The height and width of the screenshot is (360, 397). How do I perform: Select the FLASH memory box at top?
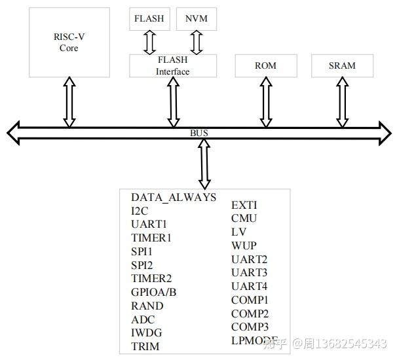click(x=149, y=19)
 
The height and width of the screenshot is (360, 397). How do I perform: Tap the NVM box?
click(x=197, y=19)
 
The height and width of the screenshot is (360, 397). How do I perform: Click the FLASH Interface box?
click(x=172, y=65)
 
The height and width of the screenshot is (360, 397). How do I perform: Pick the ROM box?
click(x=265, y=66)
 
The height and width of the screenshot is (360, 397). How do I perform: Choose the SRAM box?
click(x=342, y=66)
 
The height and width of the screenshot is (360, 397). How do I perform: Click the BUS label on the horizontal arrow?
click(x=199, y=134)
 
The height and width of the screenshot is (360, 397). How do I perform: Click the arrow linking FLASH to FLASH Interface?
click(x=149, y=42)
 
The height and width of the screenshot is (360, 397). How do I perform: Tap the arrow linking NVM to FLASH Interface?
click(x=197, y=42)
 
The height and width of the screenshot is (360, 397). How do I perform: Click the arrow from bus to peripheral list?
click(x=204, y=164)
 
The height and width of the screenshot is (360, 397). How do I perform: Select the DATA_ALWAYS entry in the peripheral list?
click(x=174, y=198)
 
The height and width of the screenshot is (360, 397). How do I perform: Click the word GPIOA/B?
click(x=154, y=292)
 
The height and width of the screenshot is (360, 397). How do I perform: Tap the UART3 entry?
click(x=249, y=272)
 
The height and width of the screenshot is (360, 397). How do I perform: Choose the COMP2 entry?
click(x=250, y=314)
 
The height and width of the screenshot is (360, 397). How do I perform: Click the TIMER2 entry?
click(x=151, y=279)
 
